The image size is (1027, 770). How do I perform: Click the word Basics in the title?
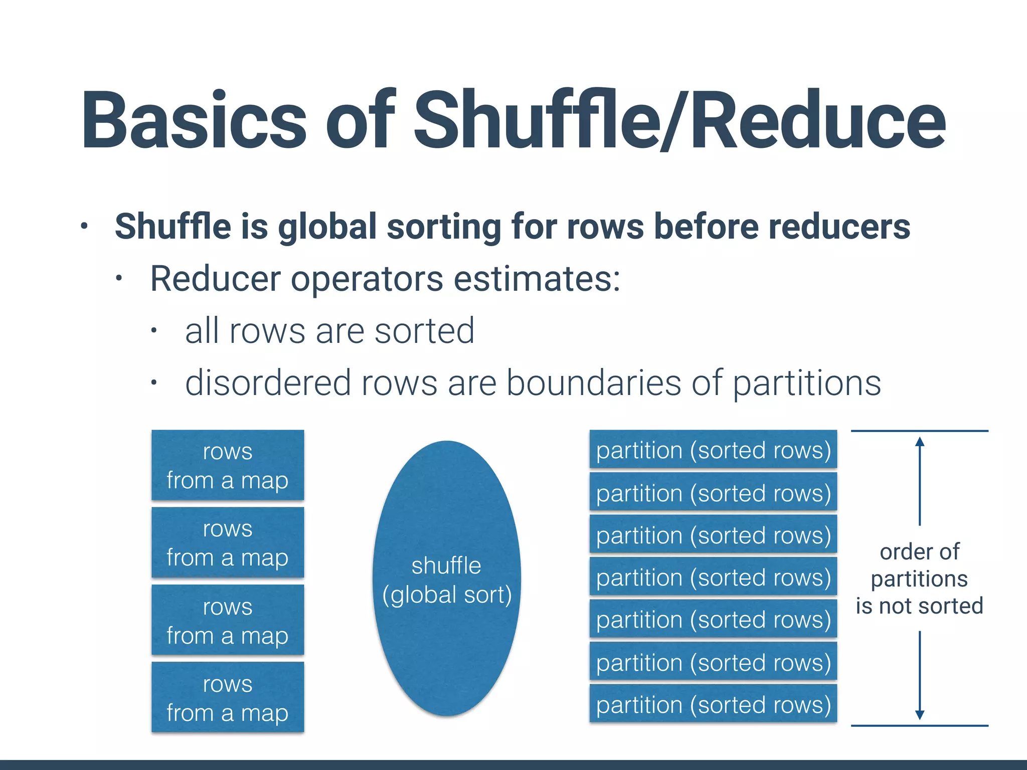(193, 120)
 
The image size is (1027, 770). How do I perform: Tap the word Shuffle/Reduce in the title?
(679, 120)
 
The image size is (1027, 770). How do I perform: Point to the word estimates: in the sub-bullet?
(537, 279)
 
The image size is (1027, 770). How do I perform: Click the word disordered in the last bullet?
(268, 383)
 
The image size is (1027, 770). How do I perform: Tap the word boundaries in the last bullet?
(594, 383)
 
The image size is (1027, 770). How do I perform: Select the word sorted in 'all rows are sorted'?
(424, 331)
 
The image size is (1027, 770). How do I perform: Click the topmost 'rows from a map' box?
(228, 465)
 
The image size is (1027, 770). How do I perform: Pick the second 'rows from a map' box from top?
(228, 542)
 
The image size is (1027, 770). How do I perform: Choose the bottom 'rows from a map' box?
(228, 697)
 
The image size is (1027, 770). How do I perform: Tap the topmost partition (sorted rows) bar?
(713, 450)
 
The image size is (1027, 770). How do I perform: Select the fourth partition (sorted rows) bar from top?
(713, 577)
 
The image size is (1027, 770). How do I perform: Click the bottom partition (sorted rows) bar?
(713, 704)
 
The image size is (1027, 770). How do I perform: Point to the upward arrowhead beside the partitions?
(920, 442)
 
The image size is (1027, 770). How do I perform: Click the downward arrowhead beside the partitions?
(920, 715)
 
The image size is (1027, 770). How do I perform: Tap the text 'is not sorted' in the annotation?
(919, 606)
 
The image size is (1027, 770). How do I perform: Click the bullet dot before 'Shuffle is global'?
(84, 226)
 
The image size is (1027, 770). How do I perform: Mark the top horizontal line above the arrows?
(919, 431)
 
